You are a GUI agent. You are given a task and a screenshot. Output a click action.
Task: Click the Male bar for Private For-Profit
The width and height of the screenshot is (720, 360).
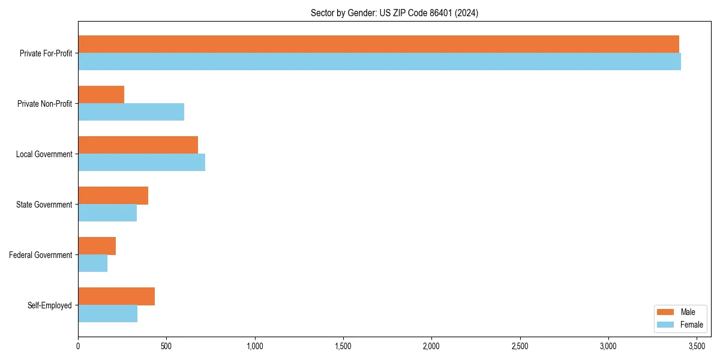(x=378, y=44)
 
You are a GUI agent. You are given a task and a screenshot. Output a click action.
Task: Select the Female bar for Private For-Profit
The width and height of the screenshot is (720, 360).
(x=379, y=62)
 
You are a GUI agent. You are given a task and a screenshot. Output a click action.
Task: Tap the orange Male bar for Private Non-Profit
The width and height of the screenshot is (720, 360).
(x=101, y=95)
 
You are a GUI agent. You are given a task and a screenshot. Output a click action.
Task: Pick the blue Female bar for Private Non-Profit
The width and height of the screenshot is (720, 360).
(x=131, y=112)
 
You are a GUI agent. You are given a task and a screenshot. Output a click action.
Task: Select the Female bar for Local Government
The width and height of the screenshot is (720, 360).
(x=142, y=163)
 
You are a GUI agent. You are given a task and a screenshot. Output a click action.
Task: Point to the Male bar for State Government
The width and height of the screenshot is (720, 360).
(x=113, y=196)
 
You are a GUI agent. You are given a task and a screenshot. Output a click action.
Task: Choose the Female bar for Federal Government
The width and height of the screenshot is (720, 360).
(x=92, y=263)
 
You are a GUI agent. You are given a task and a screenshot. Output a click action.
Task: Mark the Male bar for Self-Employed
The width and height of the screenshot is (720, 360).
(x=116, y=296)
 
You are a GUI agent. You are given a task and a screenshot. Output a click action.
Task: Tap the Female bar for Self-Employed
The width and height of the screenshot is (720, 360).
(x=107, y=314)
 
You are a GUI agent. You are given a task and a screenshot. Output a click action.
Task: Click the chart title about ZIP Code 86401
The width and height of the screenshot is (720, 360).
(x=394, y=13)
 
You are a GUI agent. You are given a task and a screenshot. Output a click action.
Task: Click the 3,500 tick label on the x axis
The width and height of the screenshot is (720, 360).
(x=697, y=346)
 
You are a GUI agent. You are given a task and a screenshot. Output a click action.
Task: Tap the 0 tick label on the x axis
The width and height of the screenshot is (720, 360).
(x=78, y=346)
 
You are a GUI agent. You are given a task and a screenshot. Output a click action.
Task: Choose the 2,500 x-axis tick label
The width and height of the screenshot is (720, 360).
(x=520, y=346)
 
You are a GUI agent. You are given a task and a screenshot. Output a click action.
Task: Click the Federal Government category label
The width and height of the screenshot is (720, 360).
(x=40, y=255)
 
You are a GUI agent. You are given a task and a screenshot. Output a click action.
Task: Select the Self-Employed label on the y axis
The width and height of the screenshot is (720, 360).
(x=49, y=305)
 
